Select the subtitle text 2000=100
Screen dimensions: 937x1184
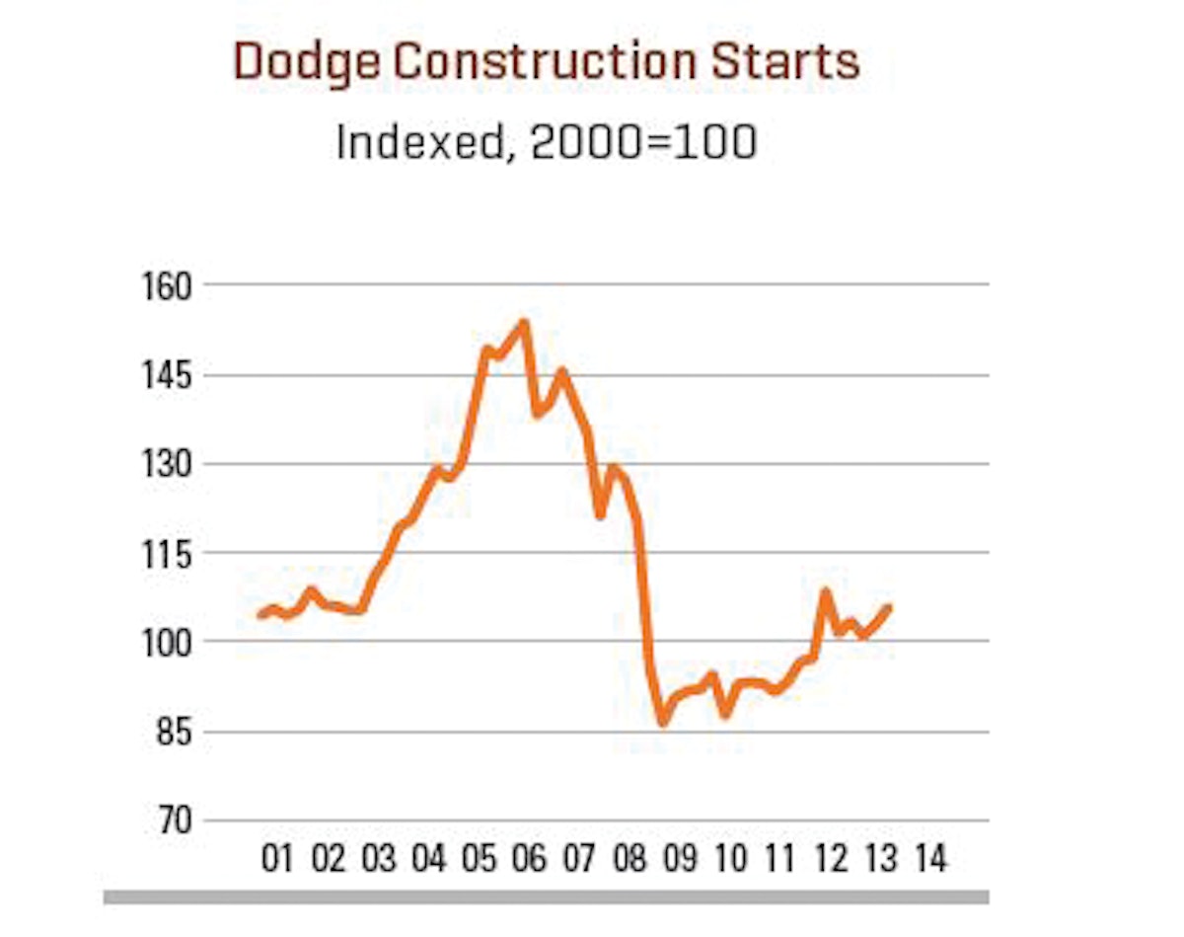click(x=643, y=142)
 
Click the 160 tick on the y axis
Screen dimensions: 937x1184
click(x=157, y=285)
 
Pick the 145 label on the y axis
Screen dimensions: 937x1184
click(x=157, y=376)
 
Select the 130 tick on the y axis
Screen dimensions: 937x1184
click(x=157, y=464)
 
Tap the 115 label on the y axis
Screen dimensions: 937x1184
click(x=157, y=553)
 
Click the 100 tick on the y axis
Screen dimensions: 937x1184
click(x=157, y=642)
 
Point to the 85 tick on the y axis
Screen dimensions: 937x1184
click(x=164, y=733)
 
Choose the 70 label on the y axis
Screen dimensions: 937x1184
click(x=164, y=821)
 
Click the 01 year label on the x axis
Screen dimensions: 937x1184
click(x=278, y=859)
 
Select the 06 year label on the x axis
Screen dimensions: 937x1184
click(x=529, y=859)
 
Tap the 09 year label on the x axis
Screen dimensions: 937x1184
click(x=680, y=859)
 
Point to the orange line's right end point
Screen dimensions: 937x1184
click(x=889, y=607)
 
